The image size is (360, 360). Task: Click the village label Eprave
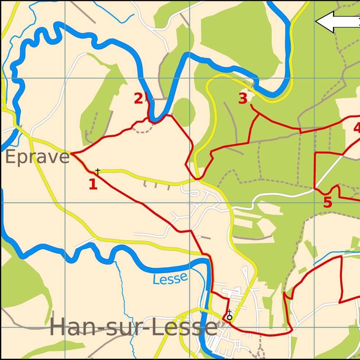click(37, 157)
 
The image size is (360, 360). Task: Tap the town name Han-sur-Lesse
click(133, 327)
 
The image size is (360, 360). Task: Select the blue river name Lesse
click(170, 278)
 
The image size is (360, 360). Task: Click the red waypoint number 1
click(93, 184)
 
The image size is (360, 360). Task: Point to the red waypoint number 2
click(138, 99)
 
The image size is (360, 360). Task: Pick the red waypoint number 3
click(243, 99)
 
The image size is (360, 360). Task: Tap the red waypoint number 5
click(327, 202)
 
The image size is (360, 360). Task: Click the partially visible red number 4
click(357, 128)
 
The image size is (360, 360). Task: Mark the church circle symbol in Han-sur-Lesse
click(229, 318)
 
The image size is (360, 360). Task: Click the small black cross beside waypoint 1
click(98, 171)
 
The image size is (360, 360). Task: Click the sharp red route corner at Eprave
click(71, 154)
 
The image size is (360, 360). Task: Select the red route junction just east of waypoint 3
click(259, 114)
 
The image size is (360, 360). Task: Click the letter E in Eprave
click(11, 157)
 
